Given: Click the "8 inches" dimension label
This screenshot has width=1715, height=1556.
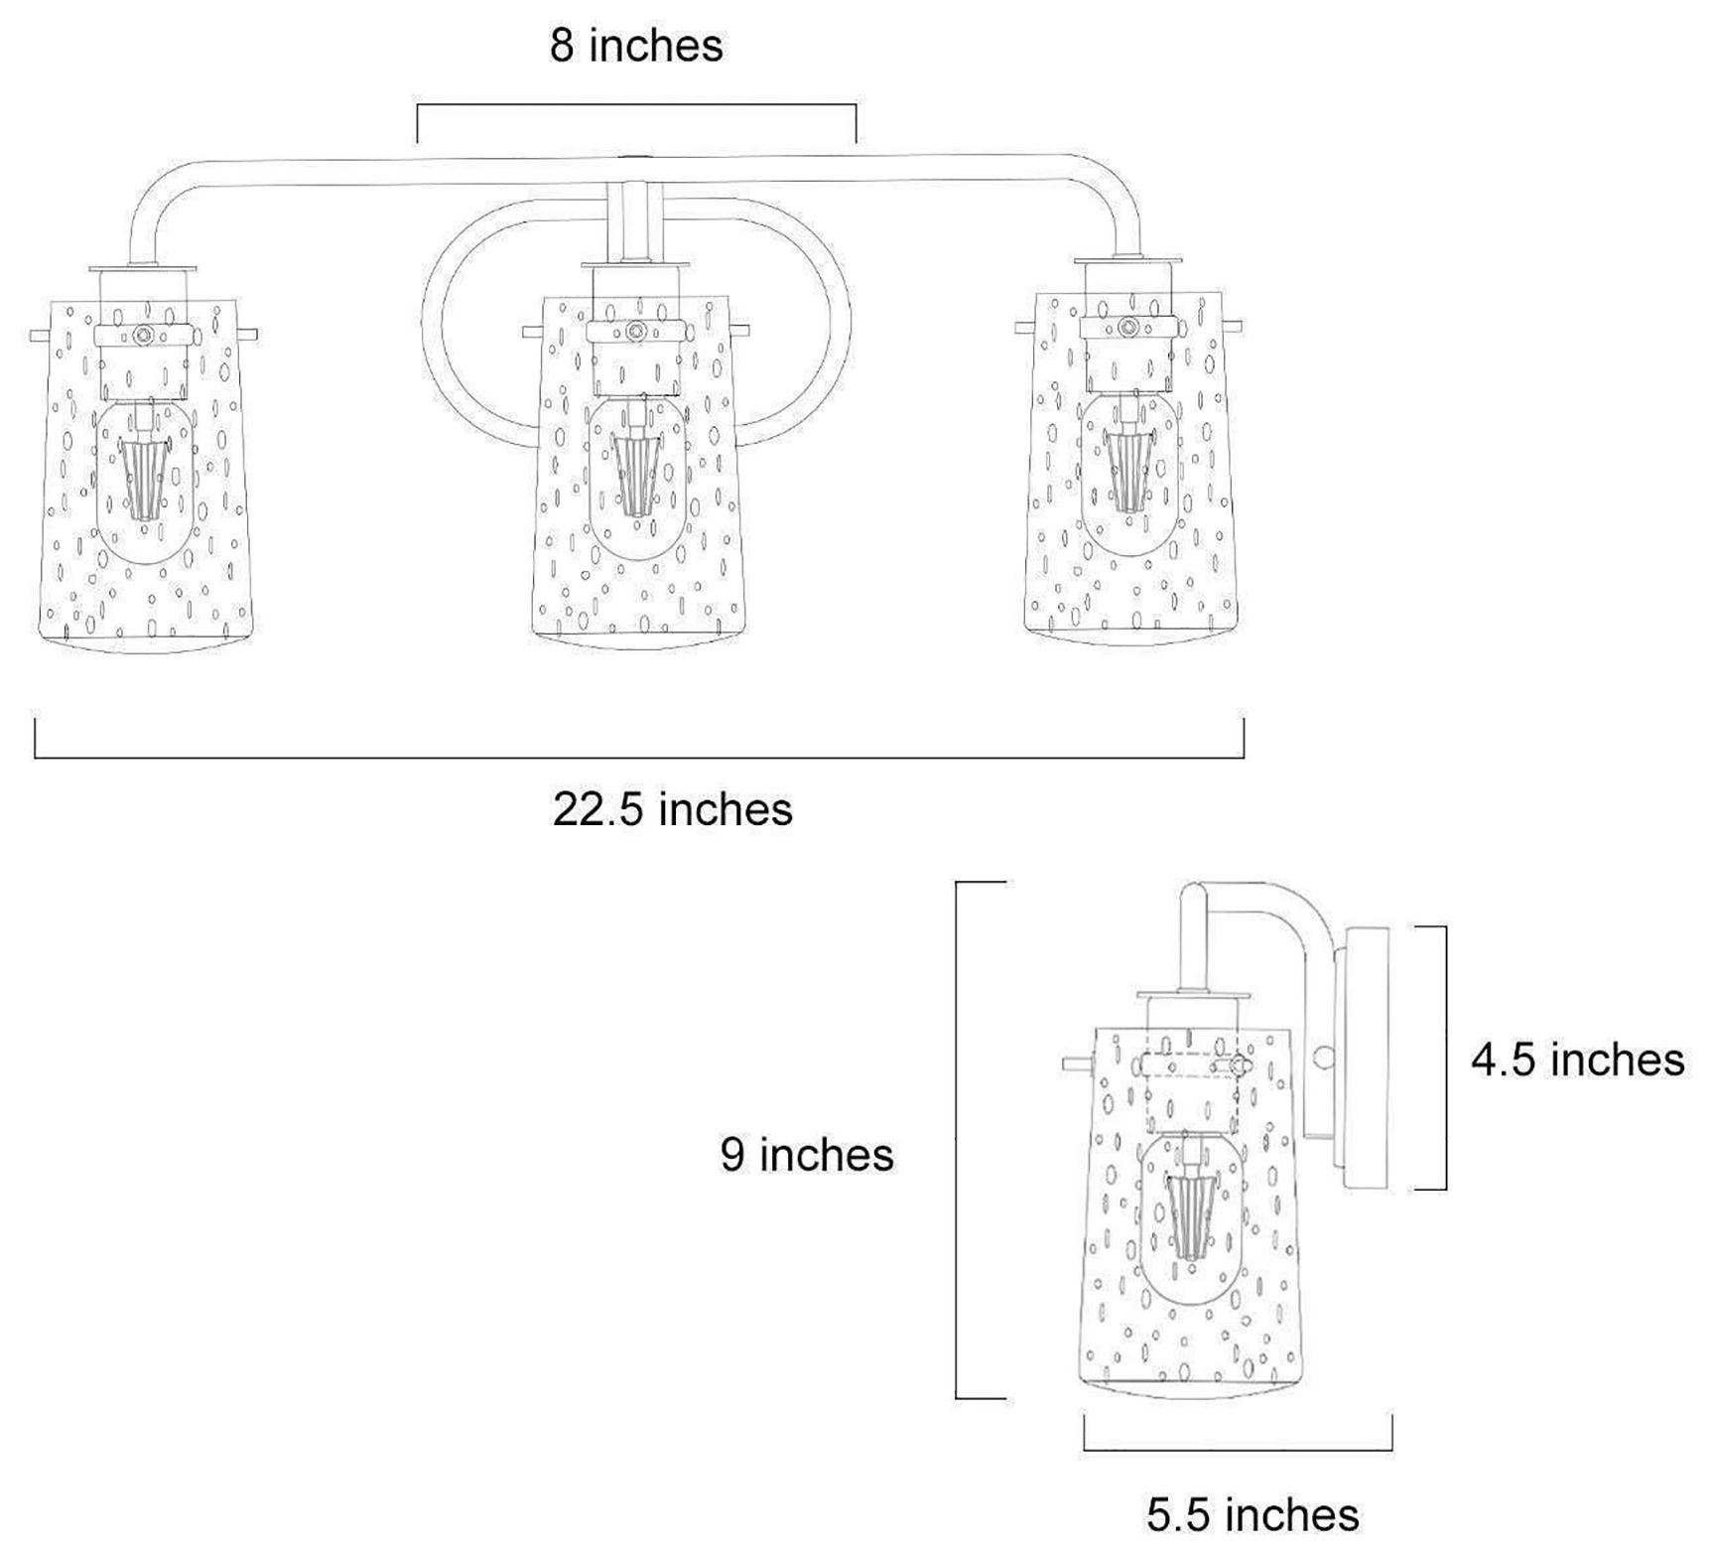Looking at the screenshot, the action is pos(636,46).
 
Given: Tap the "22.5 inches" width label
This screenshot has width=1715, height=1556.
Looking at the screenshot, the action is pos(673,809).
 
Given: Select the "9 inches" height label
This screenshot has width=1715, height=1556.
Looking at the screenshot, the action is pos(807,1154).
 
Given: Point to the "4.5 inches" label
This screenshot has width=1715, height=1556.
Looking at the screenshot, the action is pos(1577,1060).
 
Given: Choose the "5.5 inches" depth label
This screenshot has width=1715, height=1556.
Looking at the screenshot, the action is pos(1253,1514).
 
